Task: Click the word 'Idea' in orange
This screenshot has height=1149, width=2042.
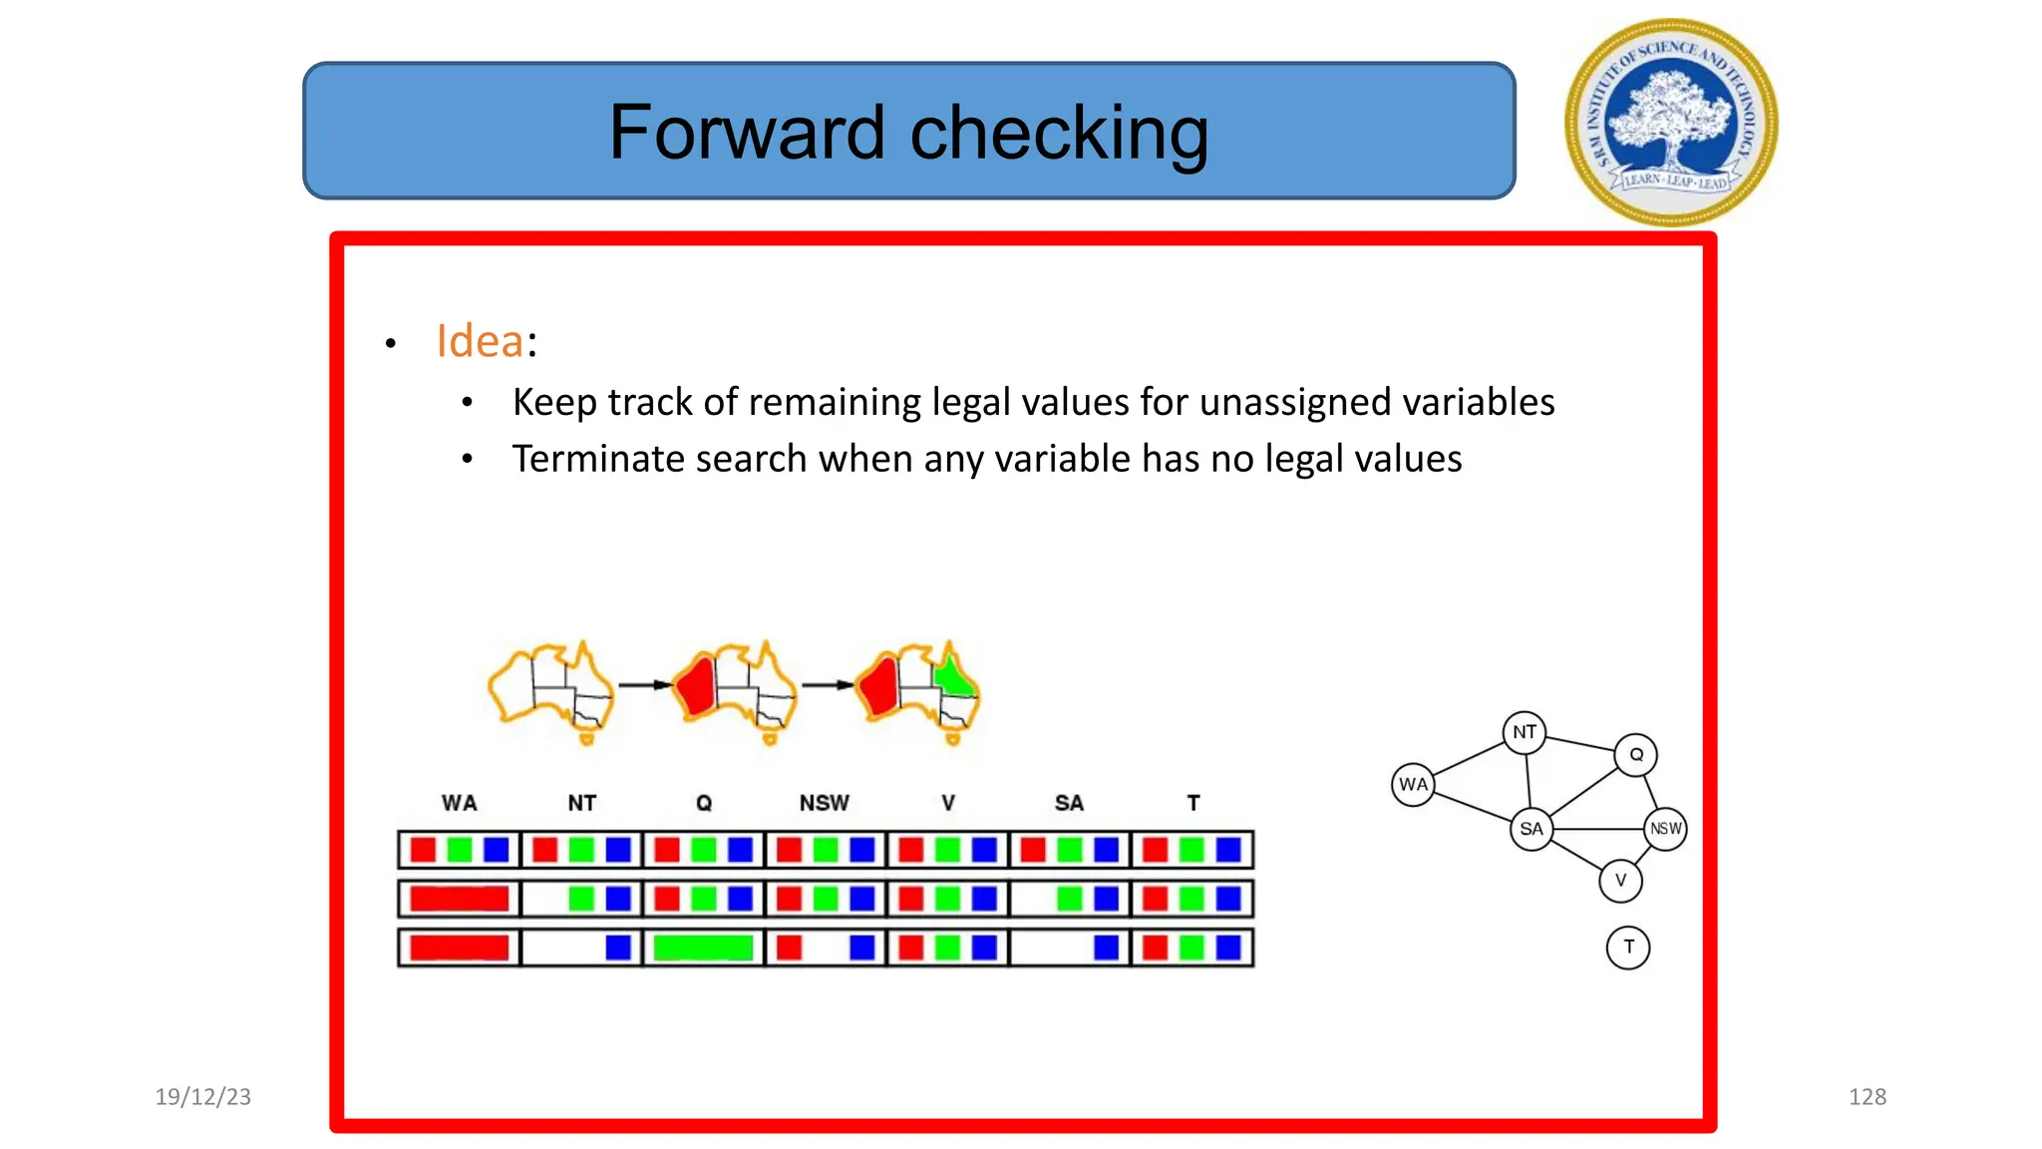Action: (480, 341)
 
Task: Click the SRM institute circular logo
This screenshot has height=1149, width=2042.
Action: (1671, 123)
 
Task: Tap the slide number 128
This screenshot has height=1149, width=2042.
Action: (1867, 1097)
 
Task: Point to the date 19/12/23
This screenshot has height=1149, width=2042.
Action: (202, 1097)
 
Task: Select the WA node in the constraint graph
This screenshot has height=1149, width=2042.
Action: (1413, 784)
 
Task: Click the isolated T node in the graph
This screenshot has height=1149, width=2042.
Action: (1628, 947)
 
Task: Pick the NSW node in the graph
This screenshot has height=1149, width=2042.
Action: (1665, 829)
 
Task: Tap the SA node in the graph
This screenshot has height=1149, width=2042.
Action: (1531, 829)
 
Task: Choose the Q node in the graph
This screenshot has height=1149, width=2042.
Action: (1636, 755)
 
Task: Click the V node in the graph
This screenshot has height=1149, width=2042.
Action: (1620, 881)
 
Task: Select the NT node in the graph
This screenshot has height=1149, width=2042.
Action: (1524, 732)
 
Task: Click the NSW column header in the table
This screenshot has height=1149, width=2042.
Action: (824, 803)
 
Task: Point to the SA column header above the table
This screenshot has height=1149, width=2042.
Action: (1069, 803)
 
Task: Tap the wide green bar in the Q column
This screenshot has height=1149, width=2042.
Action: (703, 948)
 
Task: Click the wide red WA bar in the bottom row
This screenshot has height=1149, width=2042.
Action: (460, 948)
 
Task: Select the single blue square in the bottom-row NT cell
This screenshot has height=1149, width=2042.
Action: (618, 948)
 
